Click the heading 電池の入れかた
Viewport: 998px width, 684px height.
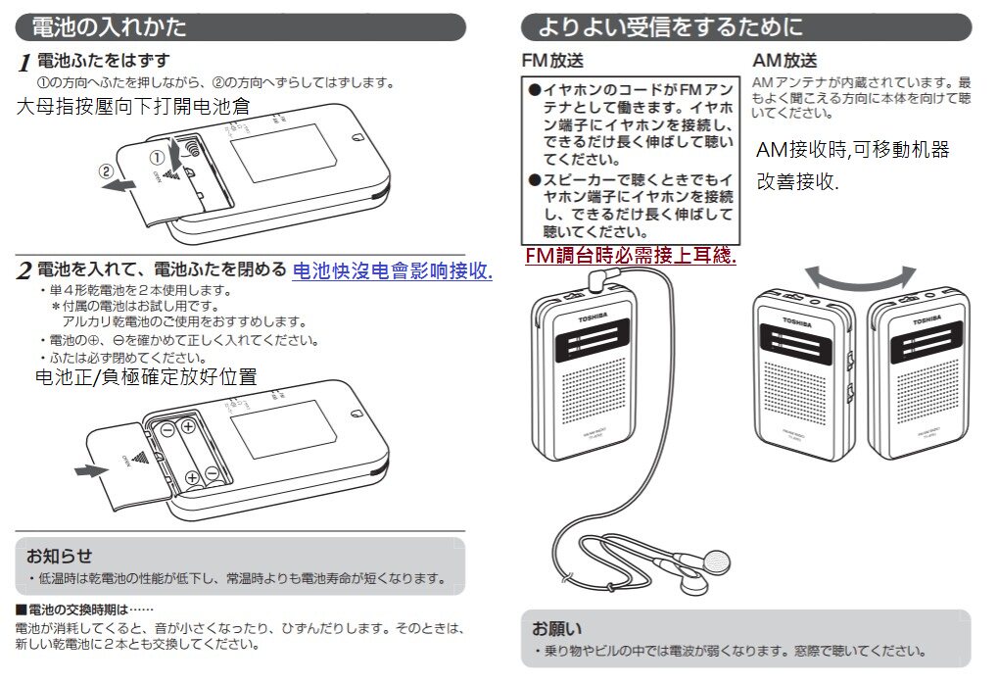[109, 26]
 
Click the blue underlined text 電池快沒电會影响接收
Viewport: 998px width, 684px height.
[392, 270]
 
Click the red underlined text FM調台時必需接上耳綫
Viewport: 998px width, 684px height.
[630, 256]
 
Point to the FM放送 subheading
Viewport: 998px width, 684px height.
[553, 61]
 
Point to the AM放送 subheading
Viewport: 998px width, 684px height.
[784, 61]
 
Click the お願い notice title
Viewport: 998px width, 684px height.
[556, 628]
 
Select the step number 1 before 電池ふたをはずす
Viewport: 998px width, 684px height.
[23, 64]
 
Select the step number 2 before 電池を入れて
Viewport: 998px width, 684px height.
[24, 270]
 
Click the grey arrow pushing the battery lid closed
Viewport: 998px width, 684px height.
[92, 471]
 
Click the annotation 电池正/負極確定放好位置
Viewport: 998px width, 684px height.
[146, 377]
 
